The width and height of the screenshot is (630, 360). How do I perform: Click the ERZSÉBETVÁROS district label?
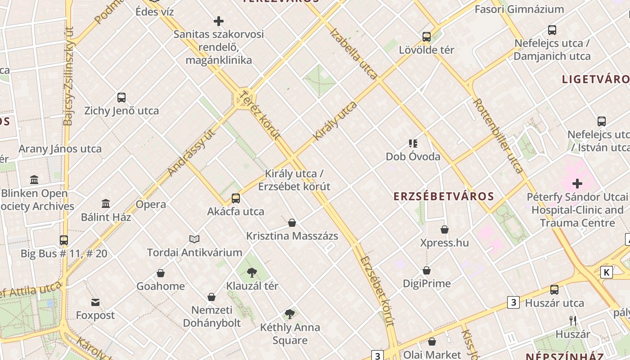444,196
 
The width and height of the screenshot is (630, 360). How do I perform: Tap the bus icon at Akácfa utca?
235,198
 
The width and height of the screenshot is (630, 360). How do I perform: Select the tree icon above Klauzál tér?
252,272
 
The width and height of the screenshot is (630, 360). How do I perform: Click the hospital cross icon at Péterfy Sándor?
577,184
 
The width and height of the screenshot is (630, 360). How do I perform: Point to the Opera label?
151,204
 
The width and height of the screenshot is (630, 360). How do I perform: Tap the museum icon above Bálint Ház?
106,204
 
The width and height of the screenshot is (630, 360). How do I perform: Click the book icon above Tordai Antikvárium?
194,239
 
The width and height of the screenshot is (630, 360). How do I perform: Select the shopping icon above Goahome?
161,273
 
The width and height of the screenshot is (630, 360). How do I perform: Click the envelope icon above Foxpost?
95,302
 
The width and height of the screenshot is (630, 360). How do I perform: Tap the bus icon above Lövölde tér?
426,36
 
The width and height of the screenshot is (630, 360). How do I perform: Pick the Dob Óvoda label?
413,157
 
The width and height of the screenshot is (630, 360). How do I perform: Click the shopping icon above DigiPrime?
426,270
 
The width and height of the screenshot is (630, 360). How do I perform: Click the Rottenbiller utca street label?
498,136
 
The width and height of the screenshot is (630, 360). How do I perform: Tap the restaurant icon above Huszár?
572,321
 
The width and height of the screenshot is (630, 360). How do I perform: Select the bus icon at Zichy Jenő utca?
121,97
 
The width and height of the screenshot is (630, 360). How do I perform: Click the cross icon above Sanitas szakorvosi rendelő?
219,21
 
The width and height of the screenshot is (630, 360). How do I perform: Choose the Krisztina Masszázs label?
292,236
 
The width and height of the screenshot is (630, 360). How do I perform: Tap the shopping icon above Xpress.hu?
445,229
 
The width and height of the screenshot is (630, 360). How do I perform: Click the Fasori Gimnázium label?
519,9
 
